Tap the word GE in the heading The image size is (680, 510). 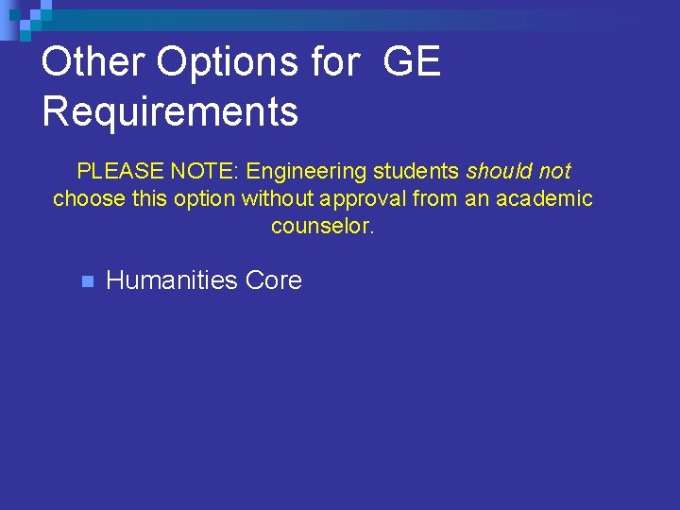(412, 63)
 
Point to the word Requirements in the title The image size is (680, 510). (170, 111)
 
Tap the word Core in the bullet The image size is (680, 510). (274, 280)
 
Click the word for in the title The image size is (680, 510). (333, 63)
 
